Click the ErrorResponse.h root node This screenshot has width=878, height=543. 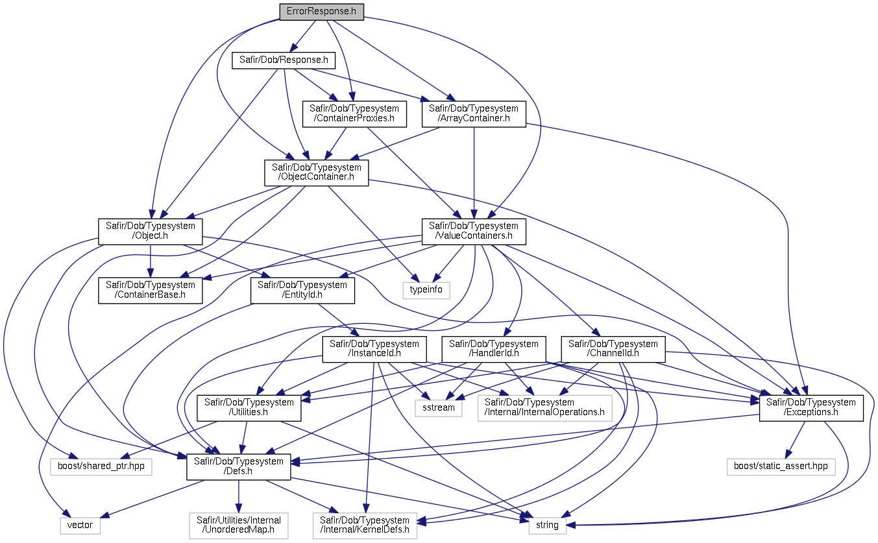tap(321, 12)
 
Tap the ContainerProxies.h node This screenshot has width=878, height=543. tap(354, 114)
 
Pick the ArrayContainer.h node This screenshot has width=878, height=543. tap(473, 114)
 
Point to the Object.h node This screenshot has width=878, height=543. tap(151, 231)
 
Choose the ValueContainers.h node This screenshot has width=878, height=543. tap(474, 231)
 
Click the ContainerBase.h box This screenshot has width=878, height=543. tap(151, 290)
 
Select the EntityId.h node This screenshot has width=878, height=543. tap(302, 290)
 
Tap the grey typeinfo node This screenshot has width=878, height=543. tap(426, 289)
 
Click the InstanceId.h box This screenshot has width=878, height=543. tap(374, 349)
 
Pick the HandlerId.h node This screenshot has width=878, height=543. tap(494, 349)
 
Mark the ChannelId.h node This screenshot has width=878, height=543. tap(613, 349)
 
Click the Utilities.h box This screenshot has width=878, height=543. tap(249, 407)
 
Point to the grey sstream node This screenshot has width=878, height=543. tap(439, 407)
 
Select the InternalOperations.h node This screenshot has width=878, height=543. tap(544, 407)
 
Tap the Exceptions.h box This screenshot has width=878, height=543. tap(811, 407)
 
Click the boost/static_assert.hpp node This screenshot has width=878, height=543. tap(781, 466)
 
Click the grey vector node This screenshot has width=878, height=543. tap(80, 525)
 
